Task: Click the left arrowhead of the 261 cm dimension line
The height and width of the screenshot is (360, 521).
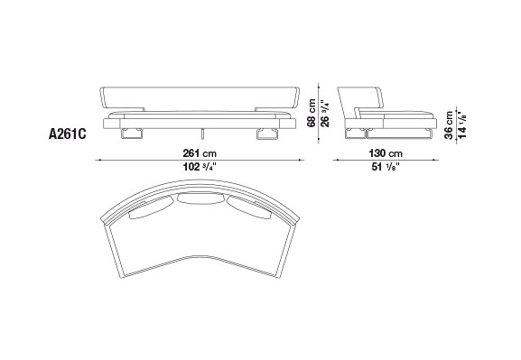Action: coord(99,162)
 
